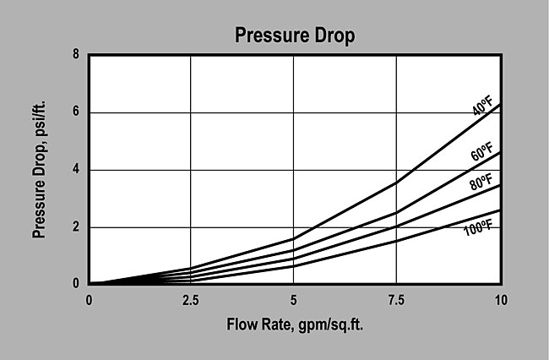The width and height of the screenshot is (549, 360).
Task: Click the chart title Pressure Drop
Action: click(294, 36)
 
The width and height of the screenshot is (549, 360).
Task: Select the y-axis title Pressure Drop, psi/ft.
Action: click(40, 170)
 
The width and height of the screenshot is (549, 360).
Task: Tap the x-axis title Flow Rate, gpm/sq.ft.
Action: click(294, 325)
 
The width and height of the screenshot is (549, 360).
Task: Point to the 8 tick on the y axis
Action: click(77, 55)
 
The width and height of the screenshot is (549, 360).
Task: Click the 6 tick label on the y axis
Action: click(77, 112)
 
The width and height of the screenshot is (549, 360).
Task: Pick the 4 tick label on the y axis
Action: click(77, 170)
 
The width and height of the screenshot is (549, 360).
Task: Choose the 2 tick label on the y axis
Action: click(77, 226)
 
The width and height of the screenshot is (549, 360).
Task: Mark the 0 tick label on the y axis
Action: click(77, 284)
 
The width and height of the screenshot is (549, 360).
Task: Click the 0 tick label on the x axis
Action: click(89, 300)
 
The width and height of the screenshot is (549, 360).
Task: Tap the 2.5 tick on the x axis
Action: click(191, 300)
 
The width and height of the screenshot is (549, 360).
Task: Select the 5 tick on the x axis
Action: click(293, 300)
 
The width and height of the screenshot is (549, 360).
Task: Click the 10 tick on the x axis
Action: click(500, 300)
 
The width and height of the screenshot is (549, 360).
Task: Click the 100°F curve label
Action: click(478, 226)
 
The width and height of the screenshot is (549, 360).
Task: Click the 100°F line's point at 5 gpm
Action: click(293, 266)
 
